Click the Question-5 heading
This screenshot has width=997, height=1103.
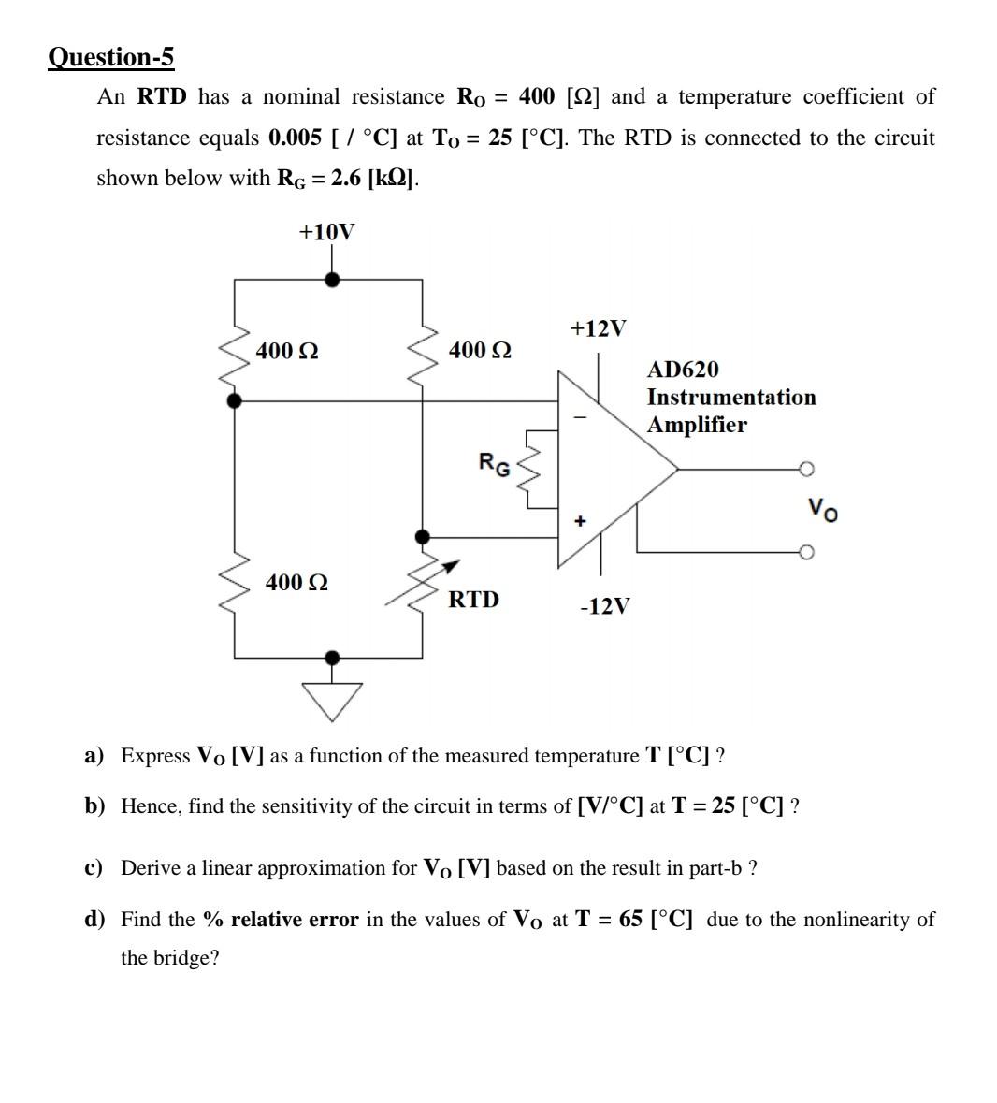click(x=110, y=58)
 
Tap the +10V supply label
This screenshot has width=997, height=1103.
click(x=326, y=232)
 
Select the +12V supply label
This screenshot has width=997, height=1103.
click(x=598, y=328)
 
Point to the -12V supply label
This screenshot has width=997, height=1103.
click(x=604, y=606)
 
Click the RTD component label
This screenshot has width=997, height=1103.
click(x=473, y=599)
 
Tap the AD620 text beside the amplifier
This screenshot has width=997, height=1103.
click(x=683, y=370)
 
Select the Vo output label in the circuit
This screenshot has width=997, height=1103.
click(x=823, y=509)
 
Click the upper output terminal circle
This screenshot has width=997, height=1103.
click(x=807, y=469)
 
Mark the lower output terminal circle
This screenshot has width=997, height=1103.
click(x=807, y=551)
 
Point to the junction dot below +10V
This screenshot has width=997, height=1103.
click(x=331, y=279)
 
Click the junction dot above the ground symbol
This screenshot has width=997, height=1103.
click(x=332, y=658)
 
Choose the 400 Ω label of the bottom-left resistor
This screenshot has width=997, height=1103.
click(x=296, y=582)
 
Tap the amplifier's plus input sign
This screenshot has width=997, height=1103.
click(x=580, y=520)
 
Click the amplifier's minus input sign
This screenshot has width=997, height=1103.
click(x=580, y=417)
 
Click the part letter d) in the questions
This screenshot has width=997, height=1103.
click(x=94, y=920)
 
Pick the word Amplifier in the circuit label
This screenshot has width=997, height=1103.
click(x=697, y=425)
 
